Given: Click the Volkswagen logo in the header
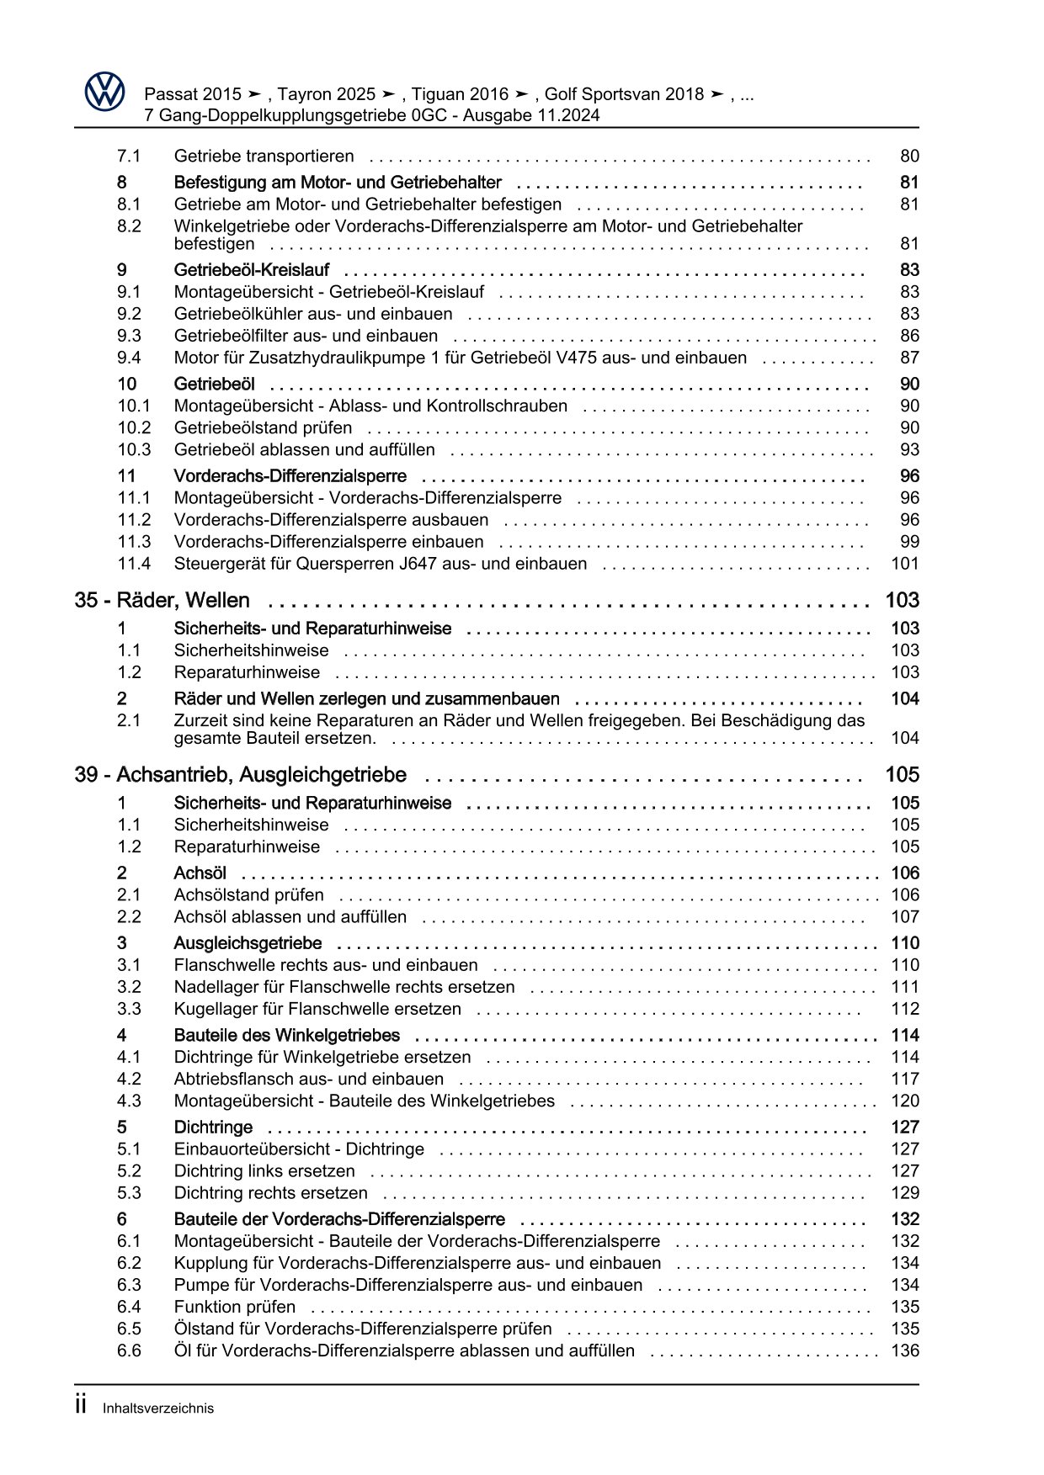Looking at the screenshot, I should (x=104, y=92).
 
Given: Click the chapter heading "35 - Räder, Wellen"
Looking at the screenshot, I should (x=162, y=601).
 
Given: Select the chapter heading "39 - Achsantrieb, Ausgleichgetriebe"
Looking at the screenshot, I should (x=241, y=775).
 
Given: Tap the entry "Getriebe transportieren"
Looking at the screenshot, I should (x=264, y=157).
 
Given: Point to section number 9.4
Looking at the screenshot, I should (x=129, y=358).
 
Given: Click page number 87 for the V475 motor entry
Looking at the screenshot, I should (x=909, y=358).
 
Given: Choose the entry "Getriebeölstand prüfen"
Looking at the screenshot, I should (x=263, y=428).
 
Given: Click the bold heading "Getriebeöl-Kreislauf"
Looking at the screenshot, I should (x=251, y=271).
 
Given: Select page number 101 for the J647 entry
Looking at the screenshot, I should (x=905, y=565).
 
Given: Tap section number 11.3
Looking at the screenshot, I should (x=134, y=543).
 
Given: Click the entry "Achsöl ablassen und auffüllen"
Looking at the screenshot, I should (x=290, y=917).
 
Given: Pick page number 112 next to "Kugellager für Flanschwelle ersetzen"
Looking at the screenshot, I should (x=905, y=1010).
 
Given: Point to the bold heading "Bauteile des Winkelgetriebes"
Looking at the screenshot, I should (x=286, y=1036).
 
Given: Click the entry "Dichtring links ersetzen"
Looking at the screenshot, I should (x=264, y=1171).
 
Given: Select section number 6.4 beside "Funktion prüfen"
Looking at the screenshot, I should (x=129, y=1308).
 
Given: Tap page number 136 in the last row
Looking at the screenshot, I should (x=905, y=1351).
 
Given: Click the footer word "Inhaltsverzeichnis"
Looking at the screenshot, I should (x=158, y=1409).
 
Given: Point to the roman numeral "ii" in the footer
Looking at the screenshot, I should (x=82, y=1406).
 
